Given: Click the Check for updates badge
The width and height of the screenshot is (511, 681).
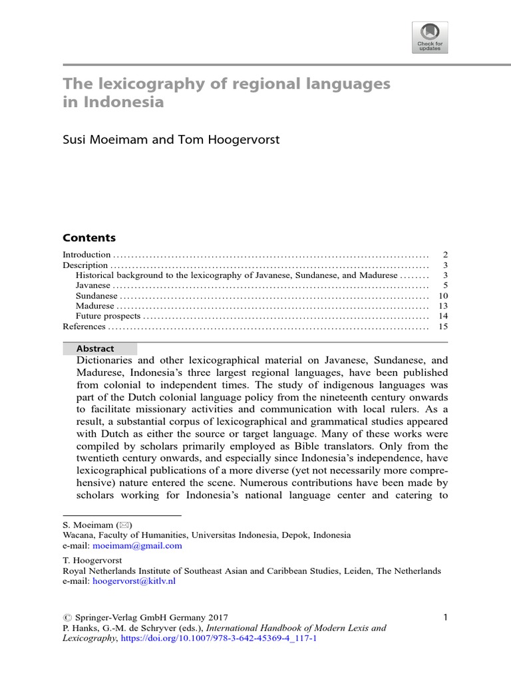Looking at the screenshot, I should (430, 37).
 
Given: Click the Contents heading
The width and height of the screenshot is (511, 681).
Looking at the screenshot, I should (88, 238).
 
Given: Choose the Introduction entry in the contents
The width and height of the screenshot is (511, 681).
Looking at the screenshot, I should (86, 255).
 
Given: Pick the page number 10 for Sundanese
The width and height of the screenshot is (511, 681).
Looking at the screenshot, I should (444, 296).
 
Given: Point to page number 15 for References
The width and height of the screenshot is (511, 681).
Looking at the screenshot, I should (444, 327).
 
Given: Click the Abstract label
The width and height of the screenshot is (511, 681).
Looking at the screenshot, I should (95, 348).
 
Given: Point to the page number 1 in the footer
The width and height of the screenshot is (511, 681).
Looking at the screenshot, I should (445, 618).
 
